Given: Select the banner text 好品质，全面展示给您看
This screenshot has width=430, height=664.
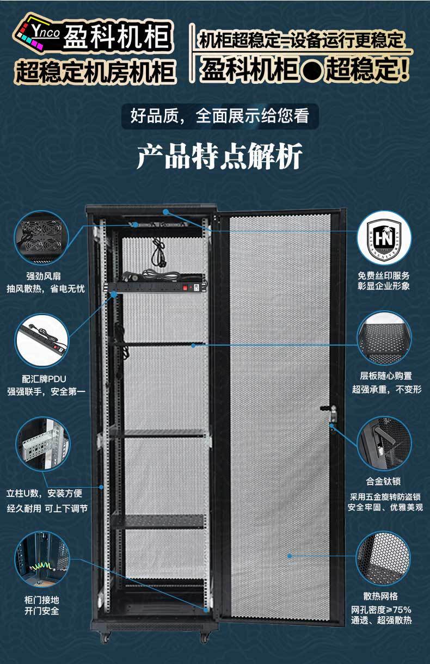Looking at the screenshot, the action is (x=219, y=116).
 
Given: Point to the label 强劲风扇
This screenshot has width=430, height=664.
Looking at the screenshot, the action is (x=45, y=275).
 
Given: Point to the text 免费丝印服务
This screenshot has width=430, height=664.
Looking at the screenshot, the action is (x=384, y=275).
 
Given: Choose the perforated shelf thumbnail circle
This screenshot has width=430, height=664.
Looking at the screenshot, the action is (x=384, y=338).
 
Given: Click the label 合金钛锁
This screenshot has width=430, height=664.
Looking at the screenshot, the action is (x=384, y=481).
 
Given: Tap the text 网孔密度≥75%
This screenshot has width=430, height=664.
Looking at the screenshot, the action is (x=384, y=609).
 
